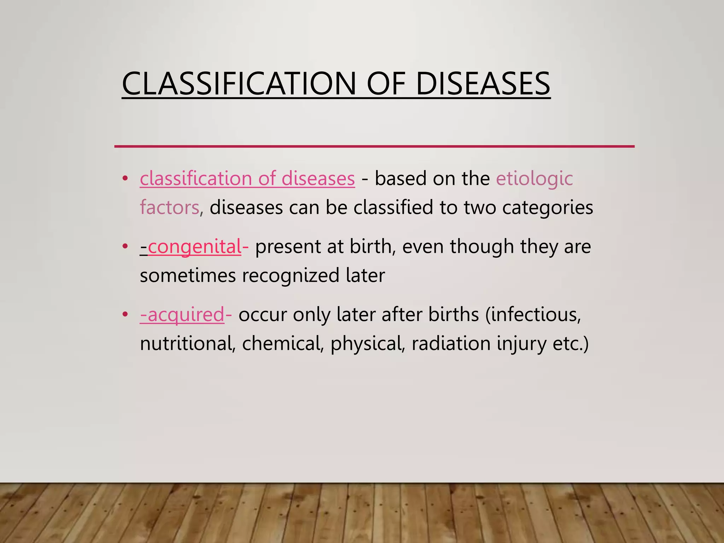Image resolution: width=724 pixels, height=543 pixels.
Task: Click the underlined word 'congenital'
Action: pyautogui.click(x=194, y=246)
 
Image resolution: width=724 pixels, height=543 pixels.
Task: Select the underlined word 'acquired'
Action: pyautogui.click(x=186, y=314)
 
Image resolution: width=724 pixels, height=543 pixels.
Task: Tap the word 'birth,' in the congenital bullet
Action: pyautogui.click(x=373, y=246)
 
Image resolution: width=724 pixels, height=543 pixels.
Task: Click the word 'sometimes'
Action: pyautogui.click(x=188, y=275)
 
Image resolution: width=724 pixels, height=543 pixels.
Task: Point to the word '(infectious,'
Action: pyautogui.click(x=533, y=314)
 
